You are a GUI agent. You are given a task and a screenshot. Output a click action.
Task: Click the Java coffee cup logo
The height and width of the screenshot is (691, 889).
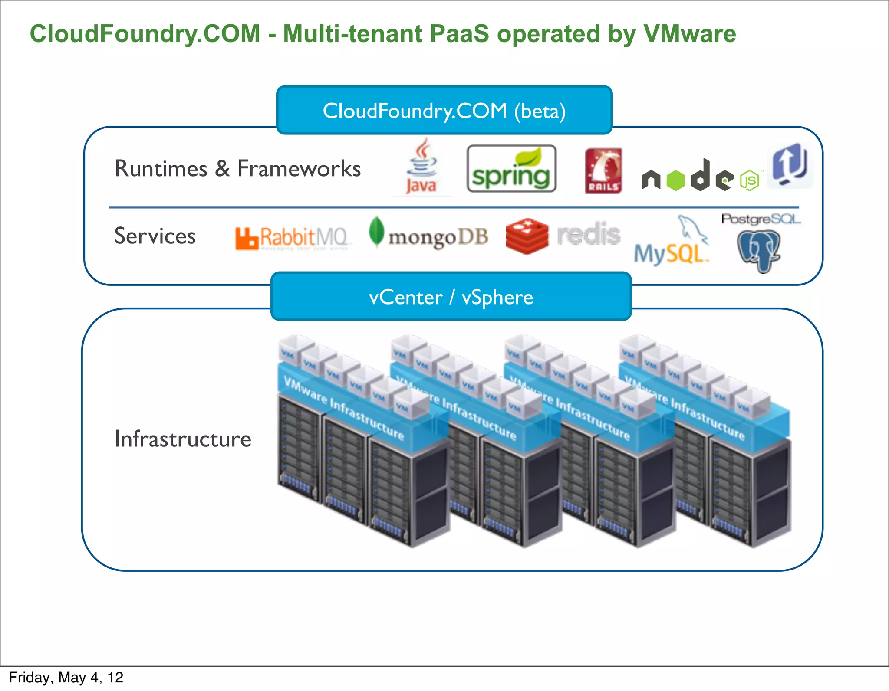click(x=421, y=166)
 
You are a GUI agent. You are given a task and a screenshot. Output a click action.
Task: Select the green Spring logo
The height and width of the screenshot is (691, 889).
click(x=511, y=169)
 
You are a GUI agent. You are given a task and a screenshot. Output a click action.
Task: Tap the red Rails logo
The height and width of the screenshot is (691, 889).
click(x=603, y=170)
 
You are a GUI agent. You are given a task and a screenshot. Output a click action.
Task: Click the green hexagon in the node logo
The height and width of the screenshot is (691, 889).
click(x=675, y=180)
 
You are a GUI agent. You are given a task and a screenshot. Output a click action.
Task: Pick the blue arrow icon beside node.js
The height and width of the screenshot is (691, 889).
click(x=790, y=165)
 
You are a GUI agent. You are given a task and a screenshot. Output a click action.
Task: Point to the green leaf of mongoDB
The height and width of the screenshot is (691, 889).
click(x=376, y=231)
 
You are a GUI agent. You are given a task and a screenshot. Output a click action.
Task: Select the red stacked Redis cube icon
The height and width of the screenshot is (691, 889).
click(x=527, y=236)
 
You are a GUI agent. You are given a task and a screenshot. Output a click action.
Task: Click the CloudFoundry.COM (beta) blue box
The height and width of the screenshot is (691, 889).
click(x=444, y=111)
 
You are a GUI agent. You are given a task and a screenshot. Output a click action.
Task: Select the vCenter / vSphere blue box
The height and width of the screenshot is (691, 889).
click(x=451, y=297)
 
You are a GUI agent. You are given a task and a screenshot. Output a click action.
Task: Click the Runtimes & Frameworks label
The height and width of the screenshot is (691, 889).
click(x=237, y=169)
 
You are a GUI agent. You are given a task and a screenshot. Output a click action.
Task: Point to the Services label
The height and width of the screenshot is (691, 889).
click(x=155, y=236)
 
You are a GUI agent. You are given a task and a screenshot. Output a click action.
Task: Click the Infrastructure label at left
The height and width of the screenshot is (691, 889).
click(x=183, y=439)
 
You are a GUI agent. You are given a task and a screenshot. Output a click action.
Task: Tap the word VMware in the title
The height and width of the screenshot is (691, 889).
click(x=689, y=34)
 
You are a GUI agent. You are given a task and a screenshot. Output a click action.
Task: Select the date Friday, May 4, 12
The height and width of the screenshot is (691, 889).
click(x=66, y=678)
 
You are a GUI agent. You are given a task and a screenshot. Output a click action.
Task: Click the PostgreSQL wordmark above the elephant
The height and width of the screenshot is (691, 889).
click(x=761, y=219)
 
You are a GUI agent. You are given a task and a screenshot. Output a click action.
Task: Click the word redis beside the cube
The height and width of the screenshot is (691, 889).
click(x=589, y=234)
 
